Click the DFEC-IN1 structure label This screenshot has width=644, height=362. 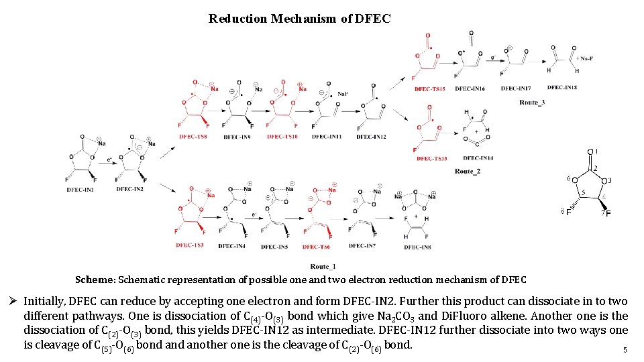click(81, 190)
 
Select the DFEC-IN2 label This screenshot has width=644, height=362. click(129, 190)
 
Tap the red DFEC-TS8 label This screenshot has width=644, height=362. click(193, 137)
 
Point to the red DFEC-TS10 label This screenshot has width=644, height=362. click(282, 137)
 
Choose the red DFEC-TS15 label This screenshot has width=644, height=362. click(429, 88)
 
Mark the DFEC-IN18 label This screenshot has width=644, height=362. click(564, 88)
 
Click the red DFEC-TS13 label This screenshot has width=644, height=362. click(431, 158)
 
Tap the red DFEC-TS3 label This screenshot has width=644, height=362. click(190, 245)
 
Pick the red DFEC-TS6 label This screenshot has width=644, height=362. click(316, 247)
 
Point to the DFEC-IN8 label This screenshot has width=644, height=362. click(417, 247)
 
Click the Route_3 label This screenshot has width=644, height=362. click(532, 103)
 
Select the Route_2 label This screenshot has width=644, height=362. click(468, 172)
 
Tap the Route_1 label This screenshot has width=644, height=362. click(324, 267)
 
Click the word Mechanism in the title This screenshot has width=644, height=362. click(305, 19)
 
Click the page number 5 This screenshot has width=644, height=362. click(625, 350)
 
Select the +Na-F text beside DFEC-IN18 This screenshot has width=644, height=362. click(585, 58)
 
